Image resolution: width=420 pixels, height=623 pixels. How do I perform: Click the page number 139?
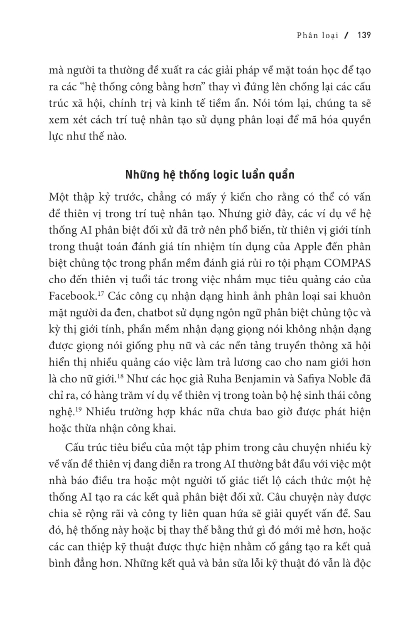(x=364, y=35)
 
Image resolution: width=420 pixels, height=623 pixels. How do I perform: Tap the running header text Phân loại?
(x=317, y=35)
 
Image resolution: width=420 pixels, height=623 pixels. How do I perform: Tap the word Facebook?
(x=72, y=297)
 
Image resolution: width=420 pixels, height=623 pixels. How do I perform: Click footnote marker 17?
(x=100, y=294)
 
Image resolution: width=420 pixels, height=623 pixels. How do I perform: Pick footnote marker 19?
(x=79, y=410)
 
